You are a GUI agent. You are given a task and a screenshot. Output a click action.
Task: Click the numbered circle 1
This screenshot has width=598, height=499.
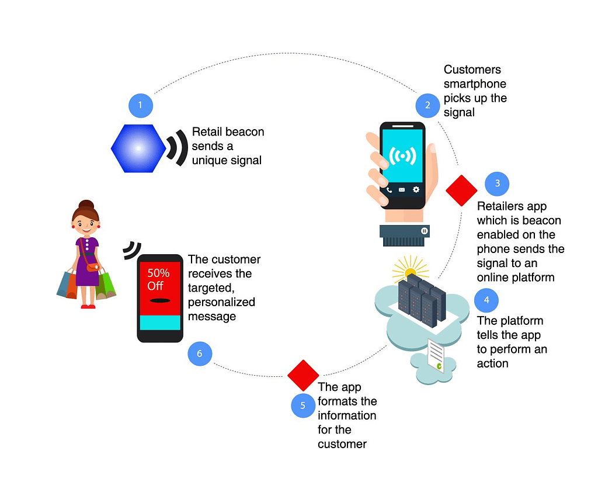click(140, 106)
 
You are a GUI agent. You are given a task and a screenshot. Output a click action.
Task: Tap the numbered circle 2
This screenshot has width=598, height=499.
click(427, 106)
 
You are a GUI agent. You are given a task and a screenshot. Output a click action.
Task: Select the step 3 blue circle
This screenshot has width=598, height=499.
click(497, 183)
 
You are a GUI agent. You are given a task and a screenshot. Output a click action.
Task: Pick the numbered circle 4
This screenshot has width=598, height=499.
click(486, 300)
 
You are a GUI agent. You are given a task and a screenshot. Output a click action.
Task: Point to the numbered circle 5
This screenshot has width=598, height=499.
click(303, 406)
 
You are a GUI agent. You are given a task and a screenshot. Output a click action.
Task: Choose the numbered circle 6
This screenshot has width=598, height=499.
click(200, 354)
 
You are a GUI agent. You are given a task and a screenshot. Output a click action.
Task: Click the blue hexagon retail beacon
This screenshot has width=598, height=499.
click(138, 148)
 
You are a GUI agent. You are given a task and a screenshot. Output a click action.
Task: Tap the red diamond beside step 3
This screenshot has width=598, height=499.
click(461, 190)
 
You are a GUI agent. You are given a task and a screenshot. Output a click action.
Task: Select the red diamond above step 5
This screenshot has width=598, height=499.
click(303, 375)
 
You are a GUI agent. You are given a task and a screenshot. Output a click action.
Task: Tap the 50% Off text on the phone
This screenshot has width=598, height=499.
click(159, 279)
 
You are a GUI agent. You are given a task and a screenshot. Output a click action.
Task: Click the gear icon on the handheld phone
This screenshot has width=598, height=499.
click(416, 189)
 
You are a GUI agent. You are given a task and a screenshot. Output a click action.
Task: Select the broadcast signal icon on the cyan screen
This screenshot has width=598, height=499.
click(402, 156)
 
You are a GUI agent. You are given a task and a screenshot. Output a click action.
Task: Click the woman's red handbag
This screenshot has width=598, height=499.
click(93, 267)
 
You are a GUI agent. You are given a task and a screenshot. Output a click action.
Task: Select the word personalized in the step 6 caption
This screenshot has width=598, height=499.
click(221, 302)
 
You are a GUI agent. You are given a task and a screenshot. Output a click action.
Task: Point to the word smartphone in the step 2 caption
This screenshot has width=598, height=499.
click(474, 84)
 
